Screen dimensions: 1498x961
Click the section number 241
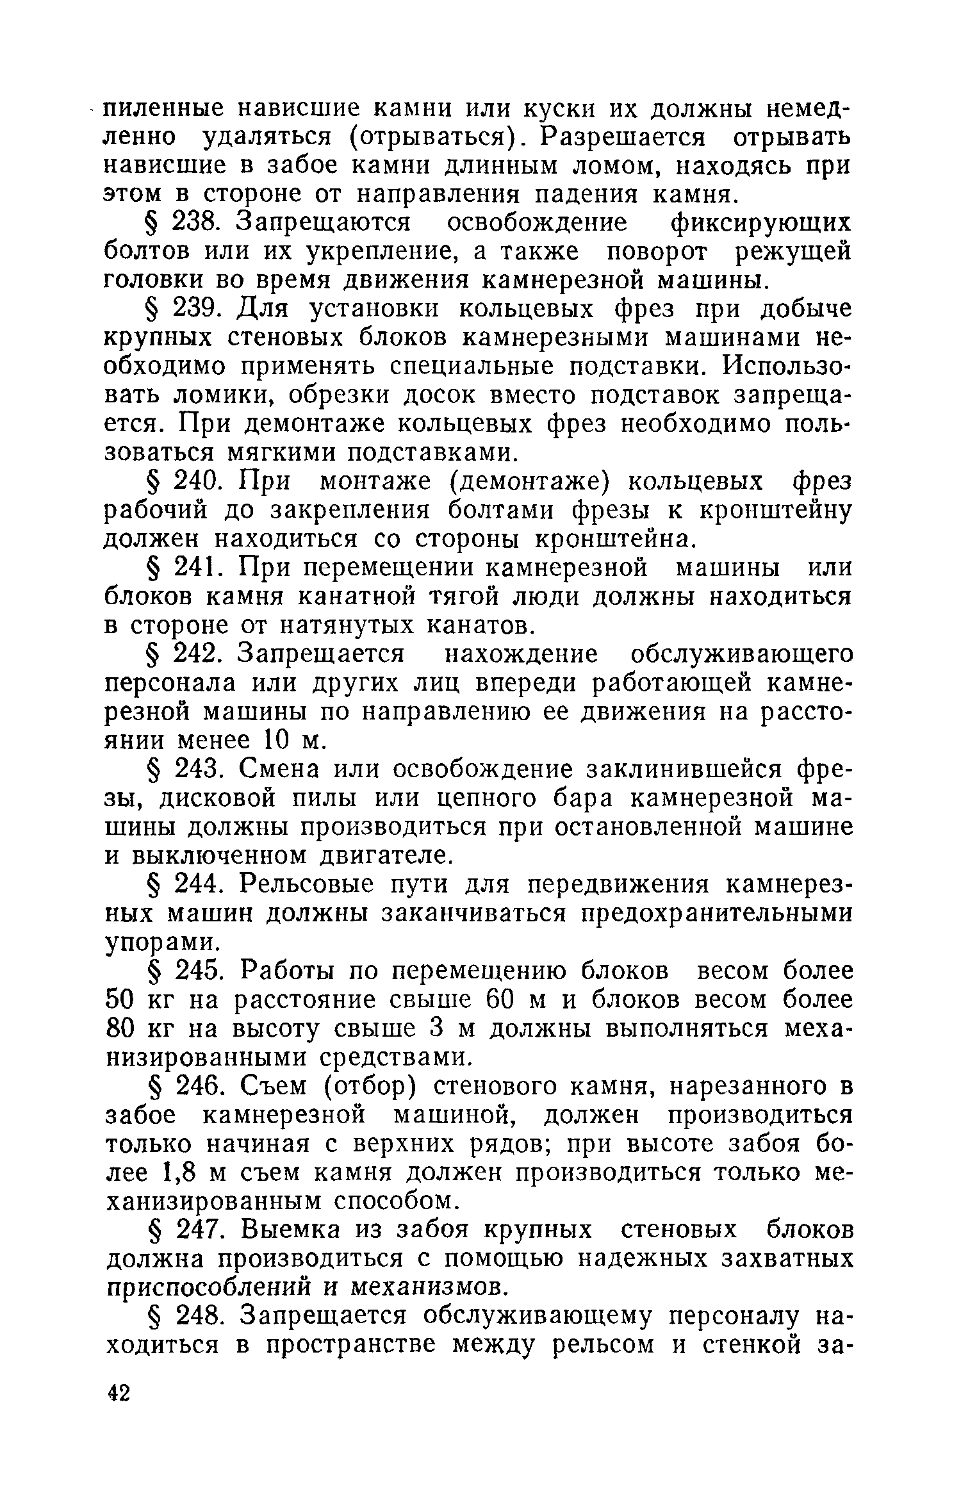[197, 568]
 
